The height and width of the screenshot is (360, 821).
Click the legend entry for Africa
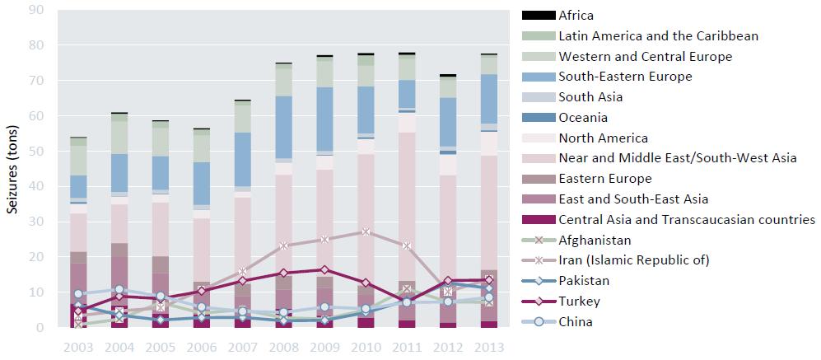click(x=575, y=15)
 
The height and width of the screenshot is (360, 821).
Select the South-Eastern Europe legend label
click(x=625, y=77)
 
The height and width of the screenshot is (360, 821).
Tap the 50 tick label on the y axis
click(x=38, y=152)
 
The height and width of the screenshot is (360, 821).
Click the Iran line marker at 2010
click(x=366, y=232)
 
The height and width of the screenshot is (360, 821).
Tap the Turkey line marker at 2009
click(x=324, y=269)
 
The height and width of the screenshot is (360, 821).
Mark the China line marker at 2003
click(x=78, y=294)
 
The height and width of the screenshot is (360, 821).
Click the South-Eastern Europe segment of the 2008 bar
click(x=283, y=127)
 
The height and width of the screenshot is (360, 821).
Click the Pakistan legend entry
click(x=585, y=281)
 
